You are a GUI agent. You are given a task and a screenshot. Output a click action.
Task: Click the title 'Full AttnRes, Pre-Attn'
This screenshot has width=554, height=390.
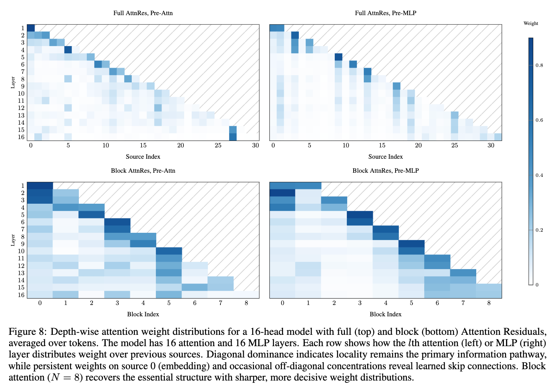tap(143, 13)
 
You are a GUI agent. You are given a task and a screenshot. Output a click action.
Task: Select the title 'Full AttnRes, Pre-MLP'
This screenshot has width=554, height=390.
tap(385, 13)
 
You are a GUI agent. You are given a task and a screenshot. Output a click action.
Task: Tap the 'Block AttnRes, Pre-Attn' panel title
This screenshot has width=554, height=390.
tap(143, 171)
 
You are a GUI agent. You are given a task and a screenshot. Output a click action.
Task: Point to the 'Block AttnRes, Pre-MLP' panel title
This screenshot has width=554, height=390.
tap(385, 171)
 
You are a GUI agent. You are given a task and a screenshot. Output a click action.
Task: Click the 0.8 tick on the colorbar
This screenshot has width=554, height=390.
tap(539, 65)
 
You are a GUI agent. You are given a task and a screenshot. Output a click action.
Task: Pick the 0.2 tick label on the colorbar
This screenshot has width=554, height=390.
tap(539, 230)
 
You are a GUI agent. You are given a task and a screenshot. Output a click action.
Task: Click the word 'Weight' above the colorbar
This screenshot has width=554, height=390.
tap(531, 23)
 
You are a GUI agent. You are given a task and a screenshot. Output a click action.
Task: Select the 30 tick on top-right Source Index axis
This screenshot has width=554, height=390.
tap(491, 145)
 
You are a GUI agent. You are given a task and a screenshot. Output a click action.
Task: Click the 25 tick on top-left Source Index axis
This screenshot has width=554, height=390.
tap(218, 145)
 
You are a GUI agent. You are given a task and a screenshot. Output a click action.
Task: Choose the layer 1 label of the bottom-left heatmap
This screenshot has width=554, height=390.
tap(23, 186)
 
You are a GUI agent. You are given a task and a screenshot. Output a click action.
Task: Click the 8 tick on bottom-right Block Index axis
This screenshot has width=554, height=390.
tap(489, 303)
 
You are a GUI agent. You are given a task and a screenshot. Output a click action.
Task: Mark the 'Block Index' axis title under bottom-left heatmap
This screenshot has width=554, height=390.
tap(143, 314)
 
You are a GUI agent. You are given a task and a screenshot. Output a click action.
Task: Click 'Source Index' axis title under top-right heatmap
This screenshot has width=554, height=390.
tap(385, 156)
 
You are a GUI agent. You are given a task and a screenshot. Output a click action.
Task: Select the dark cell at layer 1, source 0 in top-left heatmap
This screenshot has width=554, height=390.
tap(31, 28)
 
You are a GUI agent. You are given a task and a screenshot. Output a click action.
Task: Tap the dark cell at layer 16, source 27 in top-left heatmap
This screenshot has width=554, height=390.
tap(233, 137)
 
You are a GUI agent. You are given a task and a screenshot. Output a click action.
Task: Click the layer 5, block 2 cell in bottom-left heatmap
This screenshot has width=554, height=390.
tap(91, 215)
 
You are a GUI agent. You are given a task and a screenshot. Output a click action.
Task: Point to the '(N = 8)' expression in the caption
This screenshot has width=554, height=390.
tap(66, 378)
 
